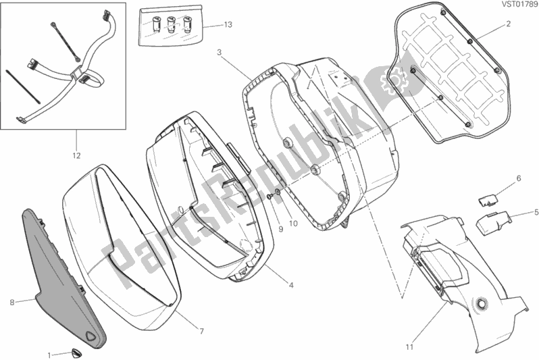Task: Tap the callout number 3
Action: point(220,52)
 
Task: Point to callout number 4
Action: point(291,285)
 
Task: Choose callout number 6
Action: point(519,178)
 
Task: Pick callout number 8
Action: point(12,303)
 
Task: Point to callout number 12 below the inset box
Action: point(76,156)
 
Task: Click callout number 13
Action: point(228,25)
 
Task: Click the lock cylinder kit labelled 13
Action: point(170,25)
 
